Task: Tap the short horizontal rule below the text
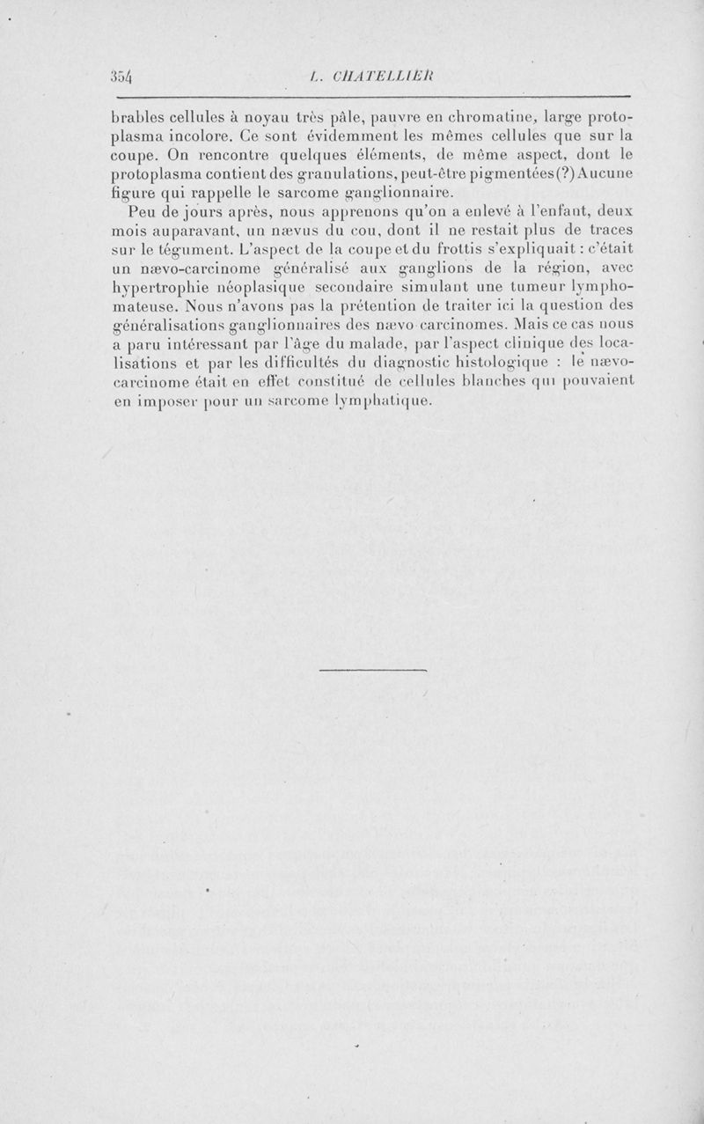tap(371, 672)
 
